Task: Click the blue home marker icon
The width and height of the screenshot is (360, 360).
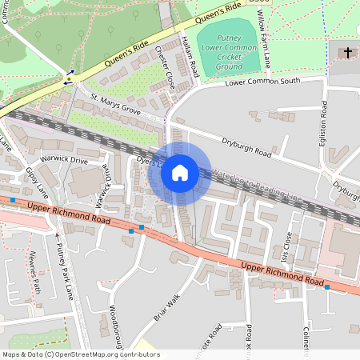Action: pos(180,172)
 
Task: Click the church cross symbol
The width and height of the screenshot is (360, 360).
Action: pos(348,53)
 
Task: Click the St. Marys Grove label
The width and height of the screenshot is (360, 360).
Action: pos(115,105)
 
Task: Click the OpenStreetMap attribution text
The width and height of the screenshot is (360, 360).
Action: pos(81,354)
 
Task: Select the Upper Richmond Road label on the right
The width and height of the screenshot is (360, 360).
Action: pos(282,276)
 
